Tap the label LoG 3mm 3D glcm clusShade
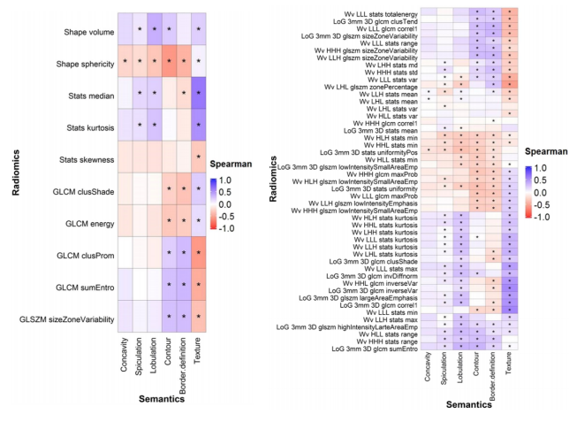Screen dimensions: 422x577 coord(369,262)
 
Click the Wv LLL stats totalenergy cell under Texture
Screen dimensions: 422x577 coord(511,13)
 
